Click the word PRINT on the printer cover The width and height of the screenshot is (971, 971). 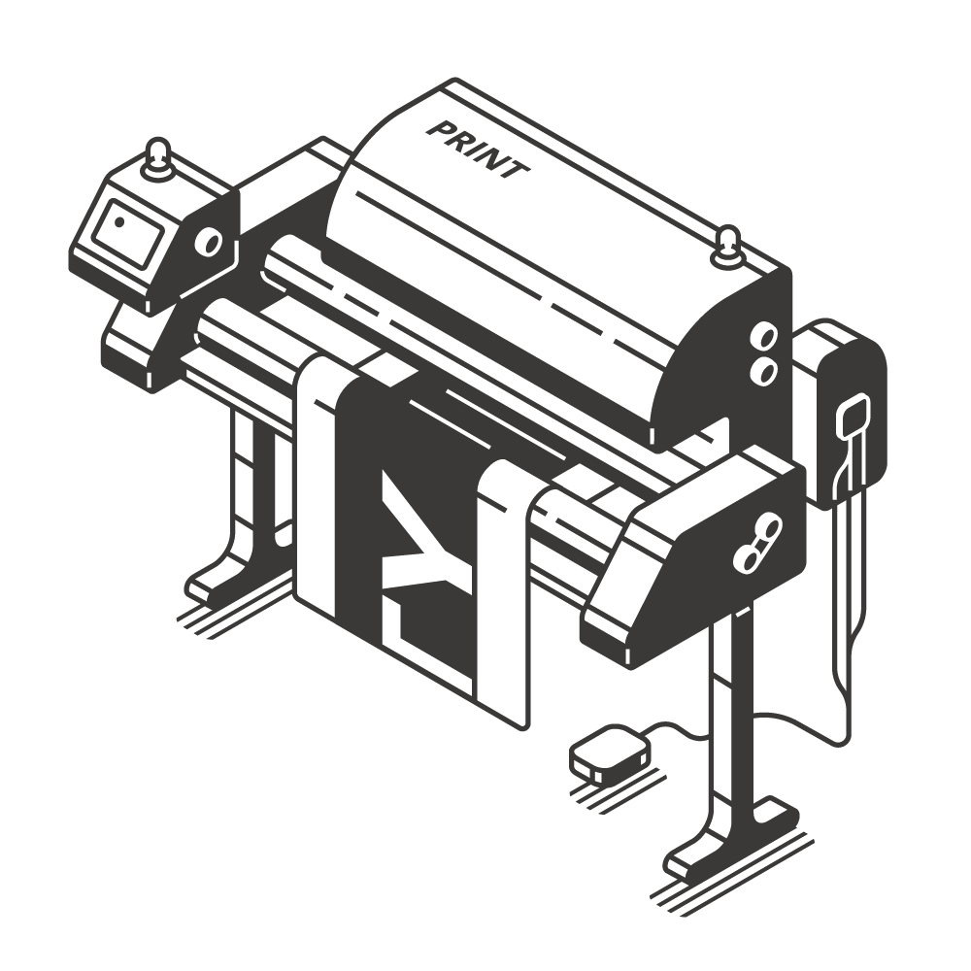coord(478,149)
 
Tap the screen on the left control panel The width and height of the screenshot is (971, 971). coord(128,232)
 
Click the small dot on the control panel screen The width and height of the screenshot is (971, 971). coord(119,221)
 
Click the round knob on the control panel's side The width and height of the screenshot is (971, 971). coord(210,244)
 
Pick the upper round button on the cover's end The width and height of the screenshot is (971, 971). coord(764,338)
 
